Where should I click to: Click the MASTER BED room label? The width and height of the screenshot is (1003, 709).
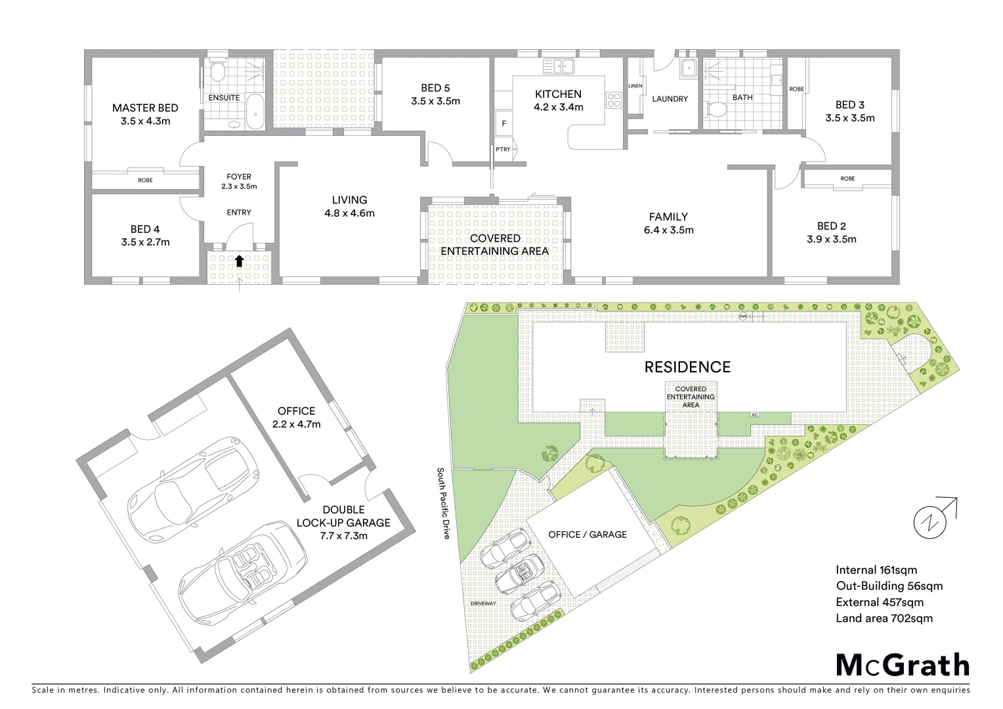(x=145, y=108)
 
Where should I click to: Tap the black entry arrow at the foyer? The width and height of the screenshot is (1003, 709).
(x=239, y=261)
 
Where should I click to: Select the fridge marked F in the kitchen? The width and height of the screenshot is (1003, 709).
(x=504, y=123)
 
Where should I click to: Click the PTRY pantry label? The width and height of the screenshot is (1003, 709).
(x=503, y=150)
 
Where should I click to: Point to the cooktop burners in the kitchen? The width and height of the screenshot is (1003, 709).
(x=614, y=100)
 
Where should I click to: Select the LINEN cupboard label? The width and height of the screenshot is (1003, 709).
(x=635, y=86)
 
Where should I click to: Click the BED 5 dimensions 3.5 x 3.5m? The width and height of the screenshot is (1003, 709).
(x=435, y=101)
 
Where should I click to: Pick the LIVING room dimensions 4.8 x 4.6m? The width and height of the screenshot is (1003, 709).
(x=349, y=213)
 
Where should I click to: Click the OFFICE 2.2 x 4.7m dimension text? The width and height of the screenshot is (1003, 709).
(x=297, y=424)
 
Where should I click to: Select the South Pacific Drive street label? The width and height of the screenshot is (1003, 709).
(x=444, y=504)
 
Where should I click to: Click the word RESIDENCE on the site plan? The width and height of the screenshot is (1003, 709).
(x=687, y=367)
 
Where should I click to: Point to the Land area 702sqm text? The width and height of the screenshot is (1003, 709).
(x=884, y=618)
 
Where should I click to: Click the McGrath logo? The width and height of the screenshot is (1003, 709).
(x=903, y=664)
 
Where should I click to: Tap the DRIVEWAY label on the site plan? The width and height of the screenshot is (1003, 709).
(x=483, y=603)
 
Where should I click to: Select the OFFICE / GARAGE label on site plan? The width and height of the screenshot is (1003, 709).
(x=587, y=534)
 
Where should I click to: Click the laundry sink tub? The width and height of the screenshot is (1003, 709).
(x=688, y=67)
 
